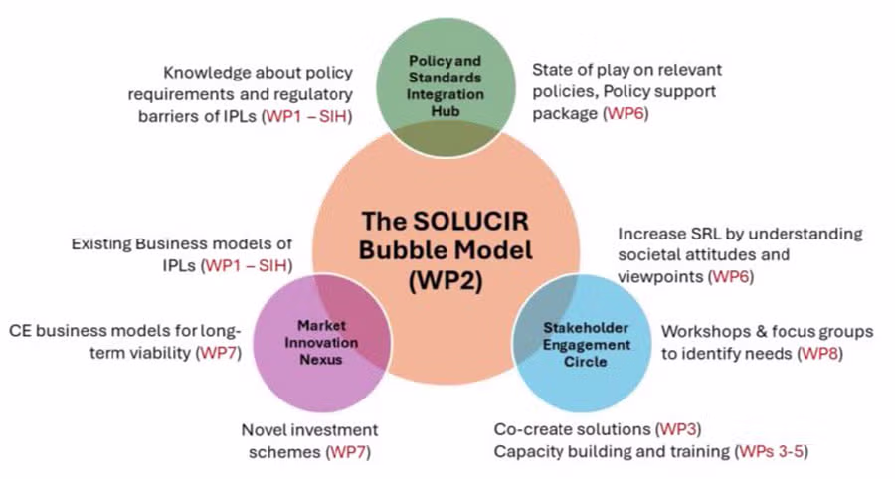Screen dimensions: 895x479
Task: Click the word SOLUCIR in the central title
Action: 470,221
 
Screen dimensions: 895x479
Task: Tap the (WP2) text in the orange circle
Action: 446,280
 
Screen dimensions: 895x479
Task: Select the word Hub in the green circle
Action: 446,111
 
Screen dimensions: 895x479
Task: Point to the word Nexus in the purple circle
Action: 321,360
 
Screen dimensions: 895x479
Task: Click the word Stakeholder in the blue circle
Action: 586,328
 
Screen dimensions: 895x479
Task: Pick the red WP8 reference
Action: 819,354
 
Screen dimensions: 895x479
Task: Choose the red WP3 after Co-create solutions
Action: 678,429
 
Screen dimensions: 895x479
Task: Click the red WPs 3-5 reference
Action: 772,451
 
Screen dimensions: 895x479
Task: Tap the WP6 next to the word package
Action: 626,113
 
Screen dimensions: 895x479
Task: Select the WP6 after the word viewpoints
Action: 731,277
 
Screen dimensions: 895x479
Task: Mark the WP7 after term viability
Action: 219,353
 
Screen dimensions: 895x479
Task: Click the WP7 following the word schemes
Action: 348,452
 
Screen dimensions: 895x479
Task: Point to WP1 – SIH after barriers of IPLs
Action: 306,116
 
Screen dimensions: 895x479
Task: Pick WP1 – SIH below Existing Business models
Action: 247,265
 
